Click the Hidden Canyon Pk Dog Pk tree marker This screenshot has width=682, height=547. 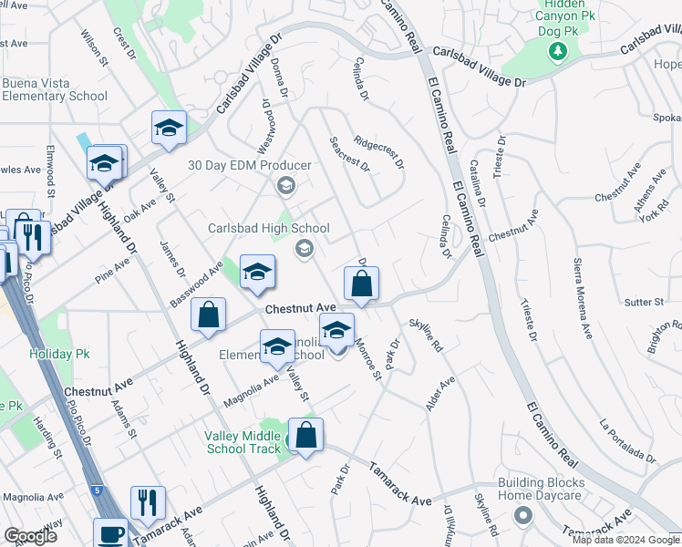point(557,52)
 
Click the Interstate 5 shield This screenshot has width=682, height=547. point(98,490)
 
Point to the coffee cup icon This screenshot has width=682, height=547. point(111,534)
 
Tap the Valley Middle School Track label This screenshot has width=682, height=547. point(242,442)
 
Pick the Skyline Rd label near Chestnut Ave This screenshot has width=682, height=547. point(425,335)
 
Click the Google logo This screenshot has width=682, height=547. point(30,536)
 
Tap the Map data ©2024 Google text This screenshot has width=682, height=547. point(625,540)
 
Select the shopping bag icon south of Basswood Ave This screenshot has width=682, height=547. point(209,315)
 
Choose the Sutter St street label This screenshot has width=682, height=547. point(646,302)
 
